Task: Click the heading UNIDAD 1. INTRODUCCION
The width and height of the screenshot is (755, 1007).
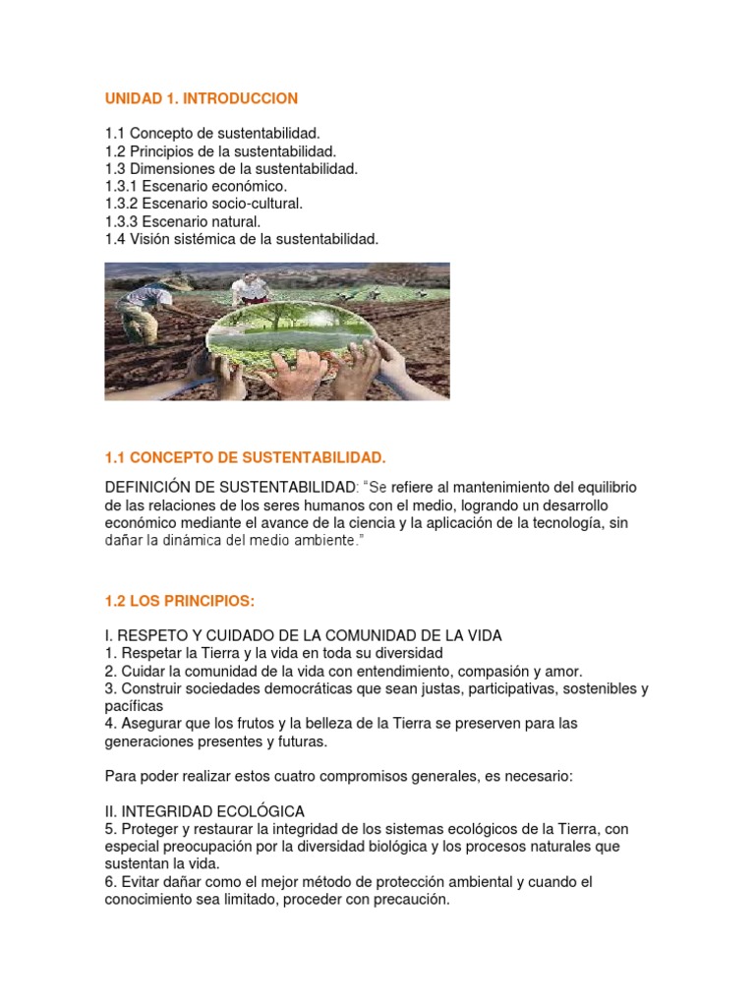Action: coord(201,99)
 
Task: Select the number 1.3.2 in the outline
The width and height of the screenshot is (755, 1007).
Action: coord(122,203)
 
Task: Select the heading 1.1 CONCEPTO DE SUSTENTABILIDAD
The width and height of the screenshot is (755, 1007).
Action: coord(245,458)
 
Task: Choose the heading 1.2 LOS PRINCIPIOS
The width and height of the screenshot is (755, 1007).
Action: coord(179,601)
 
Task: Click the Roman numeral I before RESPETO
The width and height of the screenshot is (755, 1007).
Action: coord(107,635)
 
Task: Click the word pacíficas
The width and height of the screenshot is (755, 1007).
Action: coord(134,706)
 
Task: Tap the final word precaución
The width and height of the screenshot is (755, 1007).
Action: coord(408,900)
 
